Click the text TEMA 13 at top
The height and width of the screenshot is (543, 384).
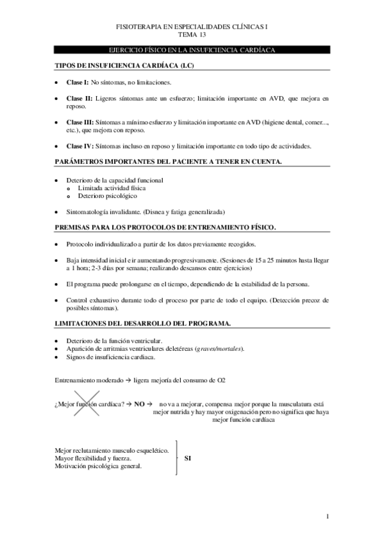coord(192,36)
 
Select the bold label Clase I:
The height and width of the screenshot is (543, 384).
coord(78,83)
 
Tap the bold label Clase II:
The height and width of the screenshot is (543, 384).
coord(79,99)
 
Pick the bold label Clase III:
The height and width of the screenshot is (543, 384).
coord(80,122)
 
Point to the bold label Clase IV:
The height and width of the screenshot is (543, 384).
coord(80,146)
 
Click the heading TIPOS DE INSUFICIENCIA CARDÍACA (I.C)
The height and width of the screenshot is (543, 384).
coord(124,66)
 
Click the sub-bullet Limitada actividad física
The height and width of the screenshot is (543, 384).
coord(112,188)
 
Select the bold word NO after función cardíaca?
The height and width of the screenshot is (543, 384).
coord(139,405)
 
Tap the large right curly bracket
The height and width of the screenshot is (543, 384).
coord(174,458)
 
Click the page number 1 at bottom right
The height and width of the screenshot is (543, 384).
coord(327,515)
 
